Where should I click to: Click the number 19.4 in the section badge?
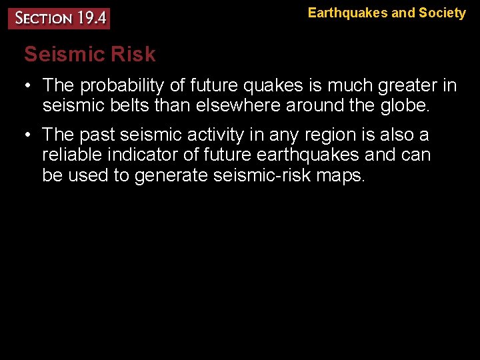(x=90, y=17)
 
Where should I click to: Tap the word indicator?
(x=147, y=155)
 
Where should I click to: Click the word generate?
(x=173, y=175)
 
